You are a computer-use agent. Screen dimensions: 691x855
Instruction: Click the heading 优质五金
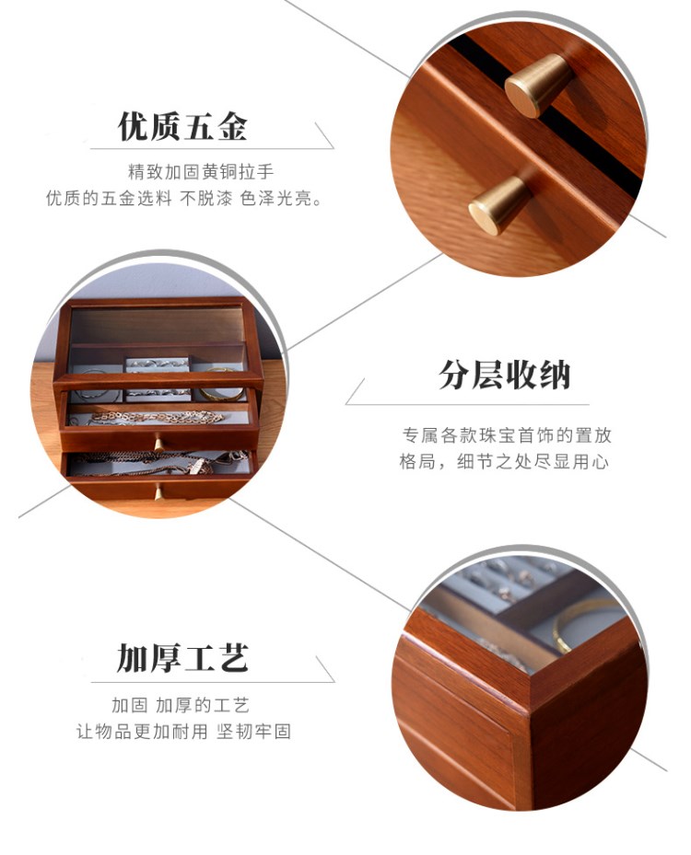pos(182,126)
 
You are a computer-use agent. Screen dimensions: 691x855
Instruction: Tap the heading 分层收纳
pos(504,375)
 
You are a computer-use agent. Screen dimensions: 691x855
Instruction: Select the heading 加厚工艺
pos(182,658)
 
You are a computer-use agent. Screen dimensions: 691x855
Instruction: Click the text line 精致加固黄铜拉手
pos(200,172)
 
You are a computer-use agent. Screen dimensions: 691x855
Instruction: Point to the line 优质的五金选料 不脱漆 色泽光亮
pos(184,198)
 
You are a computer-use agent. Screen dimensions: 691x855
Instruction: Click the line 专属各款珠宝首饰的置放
pos(507,435)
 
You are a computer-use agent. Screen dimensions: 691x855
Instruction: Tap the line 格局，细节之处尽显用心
pos(504,462)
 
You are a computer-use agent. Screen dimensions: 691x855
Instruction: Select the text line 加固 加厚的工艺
pos(181,705)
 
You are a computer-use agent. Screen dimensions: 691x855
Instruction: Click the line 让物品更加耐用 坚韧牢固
pos(183,732)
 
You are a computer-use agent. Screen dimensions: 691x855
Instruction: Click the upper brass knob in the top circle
pos(537,85)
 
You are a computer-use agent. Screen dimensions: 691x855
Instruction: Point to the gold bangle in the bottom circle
pos(583,624)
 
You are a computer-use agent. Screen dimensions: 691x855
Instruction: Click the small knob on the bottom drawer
pos(158,493)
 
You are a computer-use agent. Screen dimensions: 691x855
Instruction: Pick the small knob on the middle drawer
pos(158,445)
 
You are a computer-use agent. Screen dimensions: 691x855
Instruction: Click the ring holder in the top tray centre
pos(158,378)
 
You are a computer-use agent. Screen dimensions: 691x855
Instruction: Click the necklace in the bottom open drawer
pos(164,461)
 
